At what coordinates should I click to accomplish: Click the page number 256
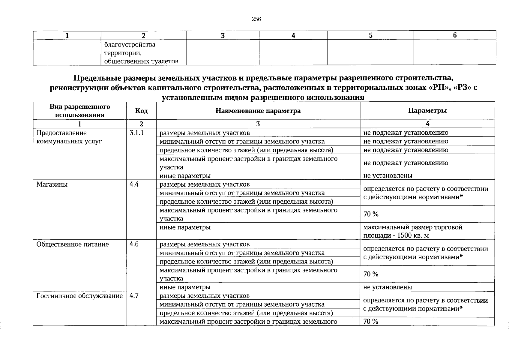coord(256,19)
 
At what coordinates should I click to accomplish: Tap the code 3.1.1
coord(136,133)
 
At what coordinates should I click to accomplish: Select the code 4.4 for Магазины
coord(134,184)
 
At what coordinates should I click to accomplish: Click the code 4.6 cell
coord(134,244)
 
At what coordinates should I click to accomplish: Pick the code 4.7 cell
coord(134,296)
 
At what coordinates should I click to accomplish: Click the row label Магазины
coord(52,184)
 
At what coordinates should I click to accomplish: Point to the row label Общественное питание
coord(72,244)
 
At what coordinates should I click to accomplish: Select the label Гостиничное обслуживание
coord(79,296)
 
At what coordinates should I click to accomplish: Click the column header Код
coord(141,111)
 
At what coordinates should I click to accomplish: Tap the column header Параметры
coord(427,110)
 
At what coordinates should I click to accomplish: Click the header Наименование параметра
coord(258,111)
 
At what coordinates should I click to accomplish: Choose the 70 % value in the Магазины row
coord(371,214)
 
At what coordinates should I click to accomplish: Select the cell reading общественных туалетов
coord(141,61)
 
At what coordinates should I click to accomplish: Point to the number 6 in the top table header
coord(454,35)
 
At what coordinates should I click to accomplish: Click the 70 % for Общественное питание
coord(371,274)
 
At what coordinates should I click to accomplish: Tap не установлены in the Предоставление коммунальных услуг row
coord(388,175)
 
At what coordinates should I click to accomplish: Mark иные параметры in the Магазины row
coord(185,227)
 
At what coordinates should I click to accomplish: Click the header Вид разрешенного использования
coord(79,111)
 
